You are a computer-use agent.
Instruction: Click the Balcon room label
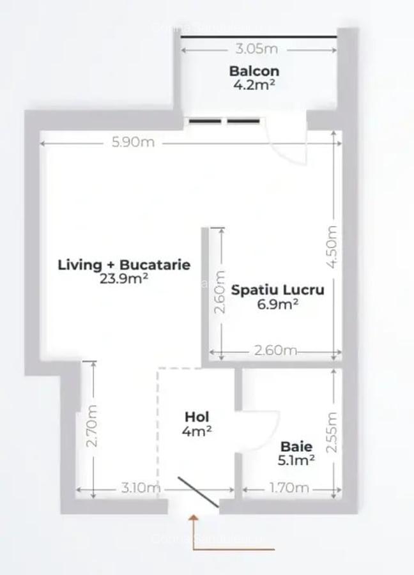254,70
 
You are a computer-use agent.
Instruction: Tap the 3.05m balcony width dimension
256,49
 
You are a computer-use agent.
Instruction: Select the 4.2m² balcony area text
254,84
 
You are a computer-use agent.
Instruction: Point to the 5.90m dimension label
133,142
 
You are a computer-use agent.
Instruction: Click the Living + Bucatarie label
124,264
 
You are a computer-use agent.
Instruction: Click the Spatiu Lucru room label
277,289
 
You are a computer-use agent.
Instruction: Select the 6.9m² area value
277,303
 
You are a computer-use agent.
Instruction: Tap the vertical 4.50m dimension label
332,246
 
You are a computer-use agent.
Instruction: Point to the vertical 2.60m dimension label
220,291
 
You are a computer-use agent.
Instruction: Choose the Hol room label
196,417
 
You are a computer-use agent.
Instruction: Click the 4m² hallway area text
196,431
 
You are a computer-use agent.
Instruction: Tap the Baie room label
296,446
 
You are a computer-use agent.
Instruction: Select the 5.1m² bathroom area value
296,459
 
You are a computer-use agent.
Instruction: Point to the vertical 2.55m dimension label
332,431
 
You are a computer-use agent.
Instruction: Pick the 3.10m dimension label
140,488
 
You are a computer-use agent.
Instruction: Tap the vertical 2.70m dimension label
93,425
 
